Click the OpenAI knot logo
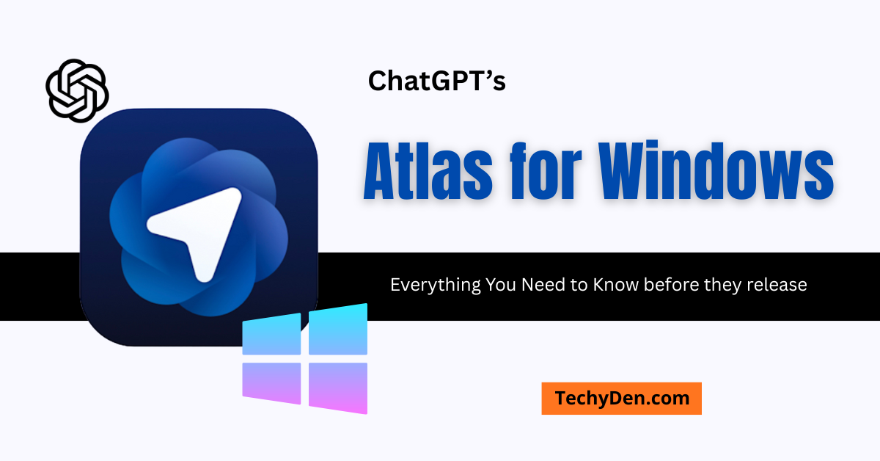[77, 90]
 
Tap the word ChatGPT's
[436, 81]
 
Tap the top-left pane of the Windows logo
[272, 335]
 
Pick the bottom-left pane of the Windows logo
[272, 382]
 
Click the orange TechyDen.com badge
[621, 399]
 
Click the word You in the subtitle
[501, 285]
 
